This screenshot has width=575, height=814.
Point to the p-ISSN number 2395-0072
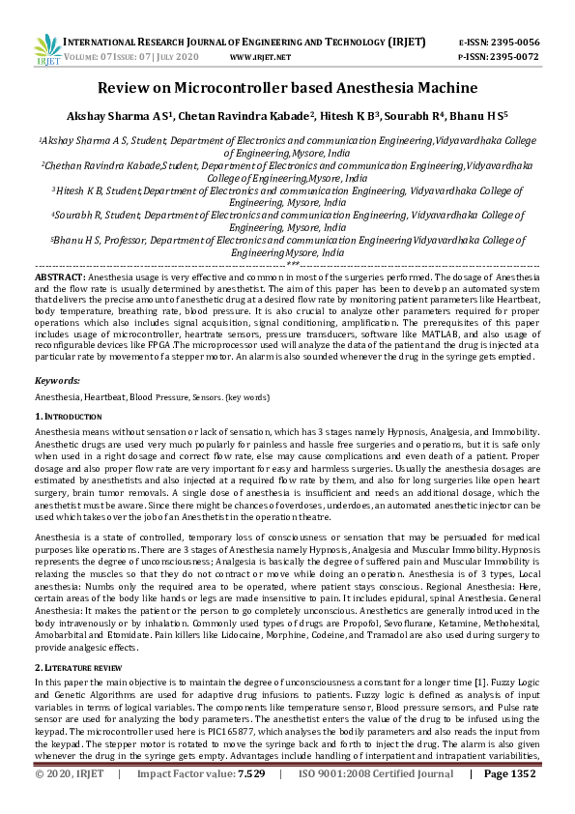(x=513, y=56)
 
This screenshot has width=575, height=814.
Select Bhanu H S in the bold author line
(x=498, y=116)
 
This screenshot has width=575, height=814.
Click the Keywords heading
(x=57, y=381)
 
